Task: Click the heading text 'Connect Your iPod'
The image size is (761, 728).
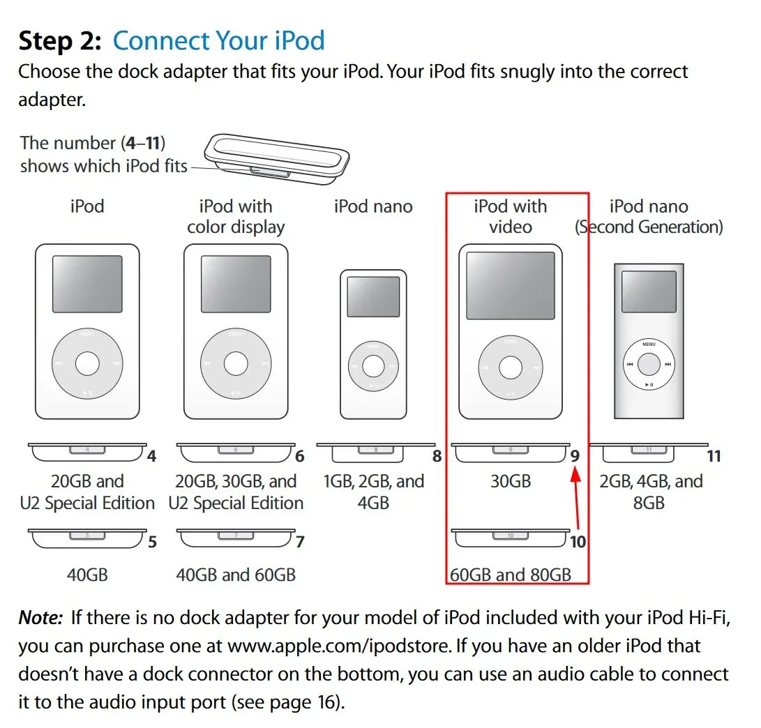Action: pyautogui.click(x=218, y=40)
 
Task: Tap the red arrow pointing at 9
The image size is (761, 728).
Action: pyautogui.click(x=576, y=497)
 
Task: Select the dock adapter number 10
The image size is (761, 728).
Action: pyautogui.click(x=511, y=537)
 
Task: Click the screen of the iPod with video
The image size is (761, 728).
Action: pyautogui.click(x=511, y=285)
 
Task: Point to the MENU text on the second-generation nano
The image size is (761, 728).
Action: pyautogui.click(x=649, y=344)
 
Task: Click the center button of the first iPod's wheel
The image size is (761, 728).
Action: pyautogui.click(x=87, y=363)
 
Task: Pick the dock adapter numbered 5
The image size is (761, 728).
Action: pyautogui.click(x=87, y=538)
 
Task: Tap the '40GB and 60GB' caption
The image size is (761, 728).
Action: pyautogui.click(x=236, y=575)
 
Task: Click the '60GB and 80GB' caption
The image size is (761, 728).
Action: pyautogui.click(x=511, y=575)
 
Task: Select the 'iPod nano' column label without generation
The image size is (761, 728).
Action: pyautogui.click(x=373, y=206)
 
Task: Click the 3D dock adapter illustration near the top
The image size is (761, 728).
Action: pyautogui.click(x=277, y=159)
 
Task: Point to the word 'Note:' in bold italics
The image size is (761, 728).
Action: pyautogui.click(x=40, y=617)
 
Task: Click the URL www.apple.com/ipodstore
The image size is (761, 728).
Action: pyautogui.click(x=339, y=646)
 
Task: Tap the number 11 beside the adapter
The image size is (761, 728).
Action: pyautogui.click(x=714, y=456)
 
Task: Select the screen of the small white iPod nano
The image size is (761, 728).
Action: pyautogui.click(x=373, y=296)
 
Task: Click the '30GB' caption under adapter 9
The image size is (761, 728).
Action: pyautogui.click(x=511, y=481)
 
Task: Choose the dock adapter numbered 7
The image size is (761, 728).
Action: pyautogui.click(x=236, y=538)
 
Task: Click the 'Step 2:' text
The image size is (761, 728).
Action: pyautogui.click(x=60, y=40)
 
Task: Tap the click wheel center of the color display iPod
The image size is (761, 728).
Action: pyautogui.click(x=236, y=363)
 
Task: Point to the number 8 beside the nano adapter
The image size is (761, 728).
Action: pyautogui.click(x=437, y=456)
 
